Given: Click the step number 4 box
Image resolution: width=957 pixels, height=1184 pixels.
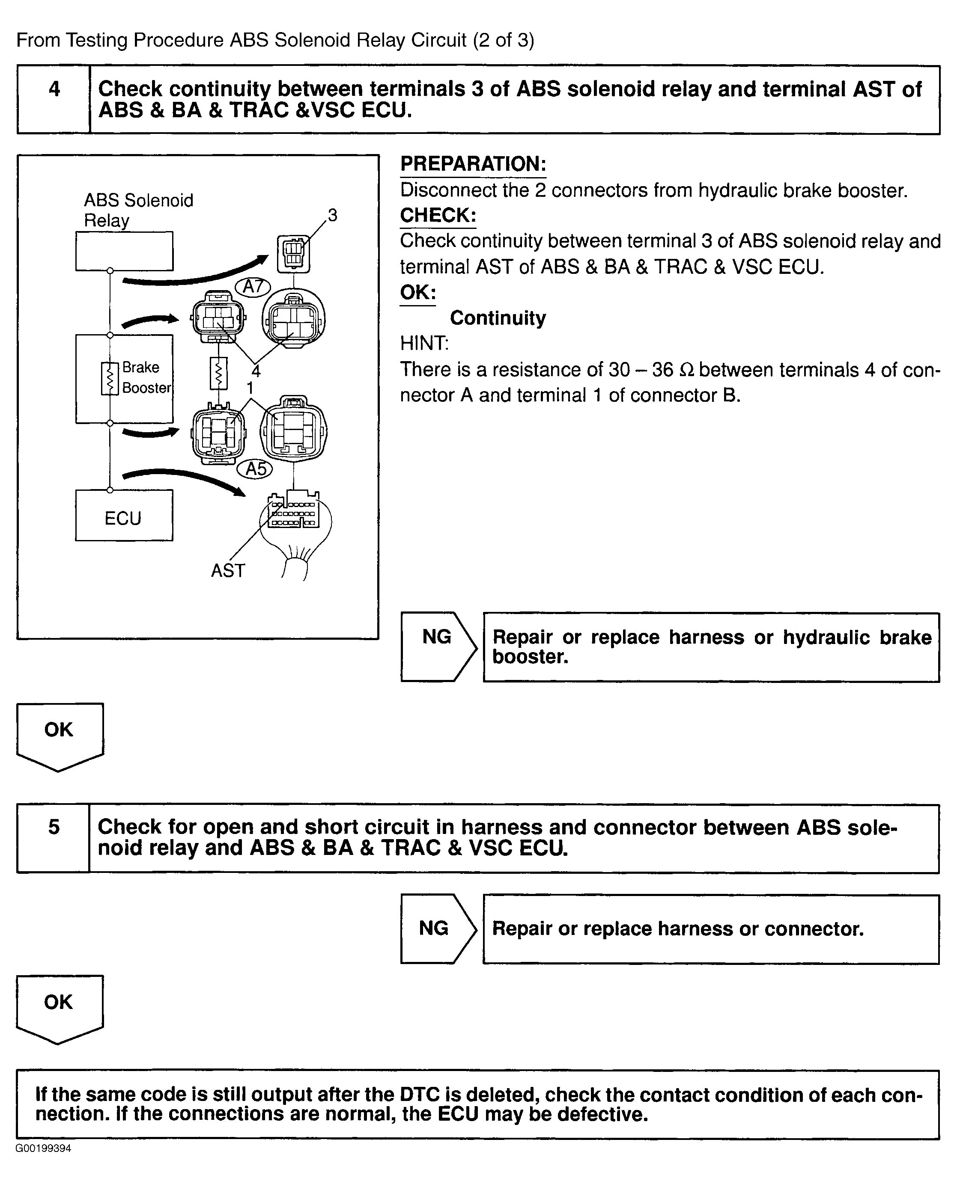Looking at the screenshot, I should click(x=54, y=100).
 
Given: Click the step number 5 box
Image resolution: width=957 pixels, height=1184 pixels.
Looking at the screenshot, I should click(x=54, y=837).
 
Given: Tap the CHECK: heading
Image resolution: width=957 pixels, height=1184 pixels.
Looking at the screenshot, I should click(x=438, y=215).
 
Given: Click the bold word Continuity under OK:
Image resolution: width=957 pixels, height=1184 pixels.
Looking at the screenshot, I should click(x=498, y=318).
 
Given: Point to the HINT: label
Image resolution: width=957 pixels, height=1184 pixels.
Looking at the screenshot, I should click(x=424, y=343).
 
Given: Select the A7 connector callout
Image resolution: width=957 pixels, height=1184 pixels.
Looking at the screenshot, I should click(x=253, y=287).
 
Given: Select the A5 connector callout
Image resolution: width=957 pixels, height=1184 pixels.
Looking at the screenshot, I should click(x=256, y=469).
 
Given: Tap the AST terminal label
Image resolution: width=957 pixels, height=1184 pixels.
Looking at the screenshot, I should click(x=228, y=571).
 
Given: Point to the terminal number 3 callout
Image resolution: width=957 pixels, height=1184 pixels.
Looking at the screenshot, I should click(x=332, y=215).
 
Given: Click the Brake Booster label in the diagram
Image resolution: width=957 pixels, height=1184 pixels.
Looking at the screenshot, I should click(x=146, y=377).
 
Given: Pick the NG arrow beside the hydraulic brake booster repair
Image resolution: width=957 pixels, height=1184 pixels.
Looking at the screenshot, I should click(x=438, y=647).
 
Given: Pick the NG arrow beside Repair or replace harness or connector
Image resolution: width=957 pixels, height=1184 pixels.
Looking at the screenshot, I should click(x=437, y=929).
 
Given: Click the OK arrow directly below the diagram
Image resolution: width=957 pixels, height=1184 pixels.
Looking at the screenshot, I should click(x=60, y=736).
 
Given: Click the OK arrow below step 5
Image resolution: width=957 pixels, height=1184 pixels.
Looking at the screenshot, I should click(x=59, y=1008).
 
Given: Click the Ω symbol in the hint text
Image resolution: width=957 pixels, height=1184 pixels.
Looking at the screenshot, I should click(x=687, y=370).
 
